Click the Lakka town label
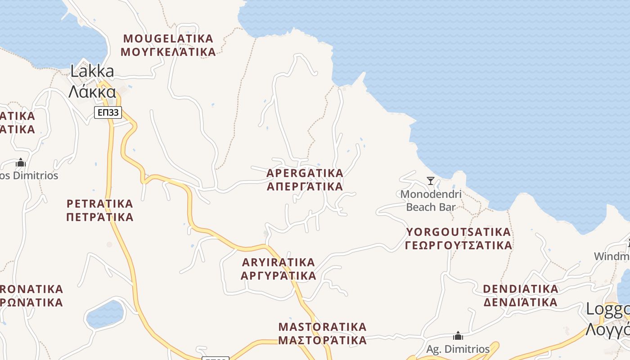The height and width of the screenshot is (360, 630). [x=92, y=71]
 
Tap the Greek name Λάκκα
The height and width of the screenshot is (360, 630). [x=92, y=91]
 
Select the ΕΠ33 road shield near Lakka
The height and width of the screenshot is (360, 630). [x=108, y=112]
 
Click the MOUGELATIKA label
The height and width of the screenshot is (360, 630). [x=168, y=38]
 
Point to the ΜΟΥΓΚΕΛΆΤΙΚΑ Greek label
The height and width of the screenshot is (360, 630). [x=168, y=52]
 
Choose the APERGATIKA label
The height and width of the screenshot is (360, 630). [x=305, y=173]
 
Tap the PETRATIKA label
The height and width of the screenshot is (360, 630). [x=100, y=203]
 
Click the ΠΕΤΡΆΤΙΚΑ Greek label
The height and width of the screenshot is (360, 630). [x=100, y=217]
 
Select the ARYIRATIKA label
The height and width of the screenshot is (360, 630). [x=279, y=262]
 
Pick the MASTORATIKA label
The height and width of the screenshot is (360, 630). [x=322, y=327]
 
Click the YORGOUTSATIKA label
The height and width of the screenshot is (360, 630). [x=458, y=232]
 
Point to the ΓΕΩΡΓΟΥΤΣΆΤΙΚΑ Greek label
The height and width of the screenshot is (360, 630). [x=458, y=245]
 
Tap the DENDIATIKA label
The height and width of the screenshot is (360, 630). [x=521, y=288]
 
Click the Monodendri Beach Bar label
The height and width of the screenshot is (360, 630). [x=431, y=201]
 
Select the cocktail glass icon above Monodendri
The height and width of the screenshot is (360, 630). [x=431, y=181]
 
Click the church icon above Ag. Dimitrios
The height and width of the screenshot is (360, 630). [x=458, y=336]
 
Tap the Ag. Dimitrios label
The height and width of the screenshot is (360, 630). [x=458, y=349]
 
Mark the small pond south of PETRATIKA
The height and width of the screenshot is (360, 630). [x=105, y=314]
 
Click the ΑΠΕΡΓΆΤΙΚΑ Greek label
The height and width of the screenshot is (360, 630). [x=305, y=186]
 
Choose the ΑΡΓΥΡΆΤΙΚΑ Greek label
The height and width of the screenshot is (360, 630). [x=279, y=275]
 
